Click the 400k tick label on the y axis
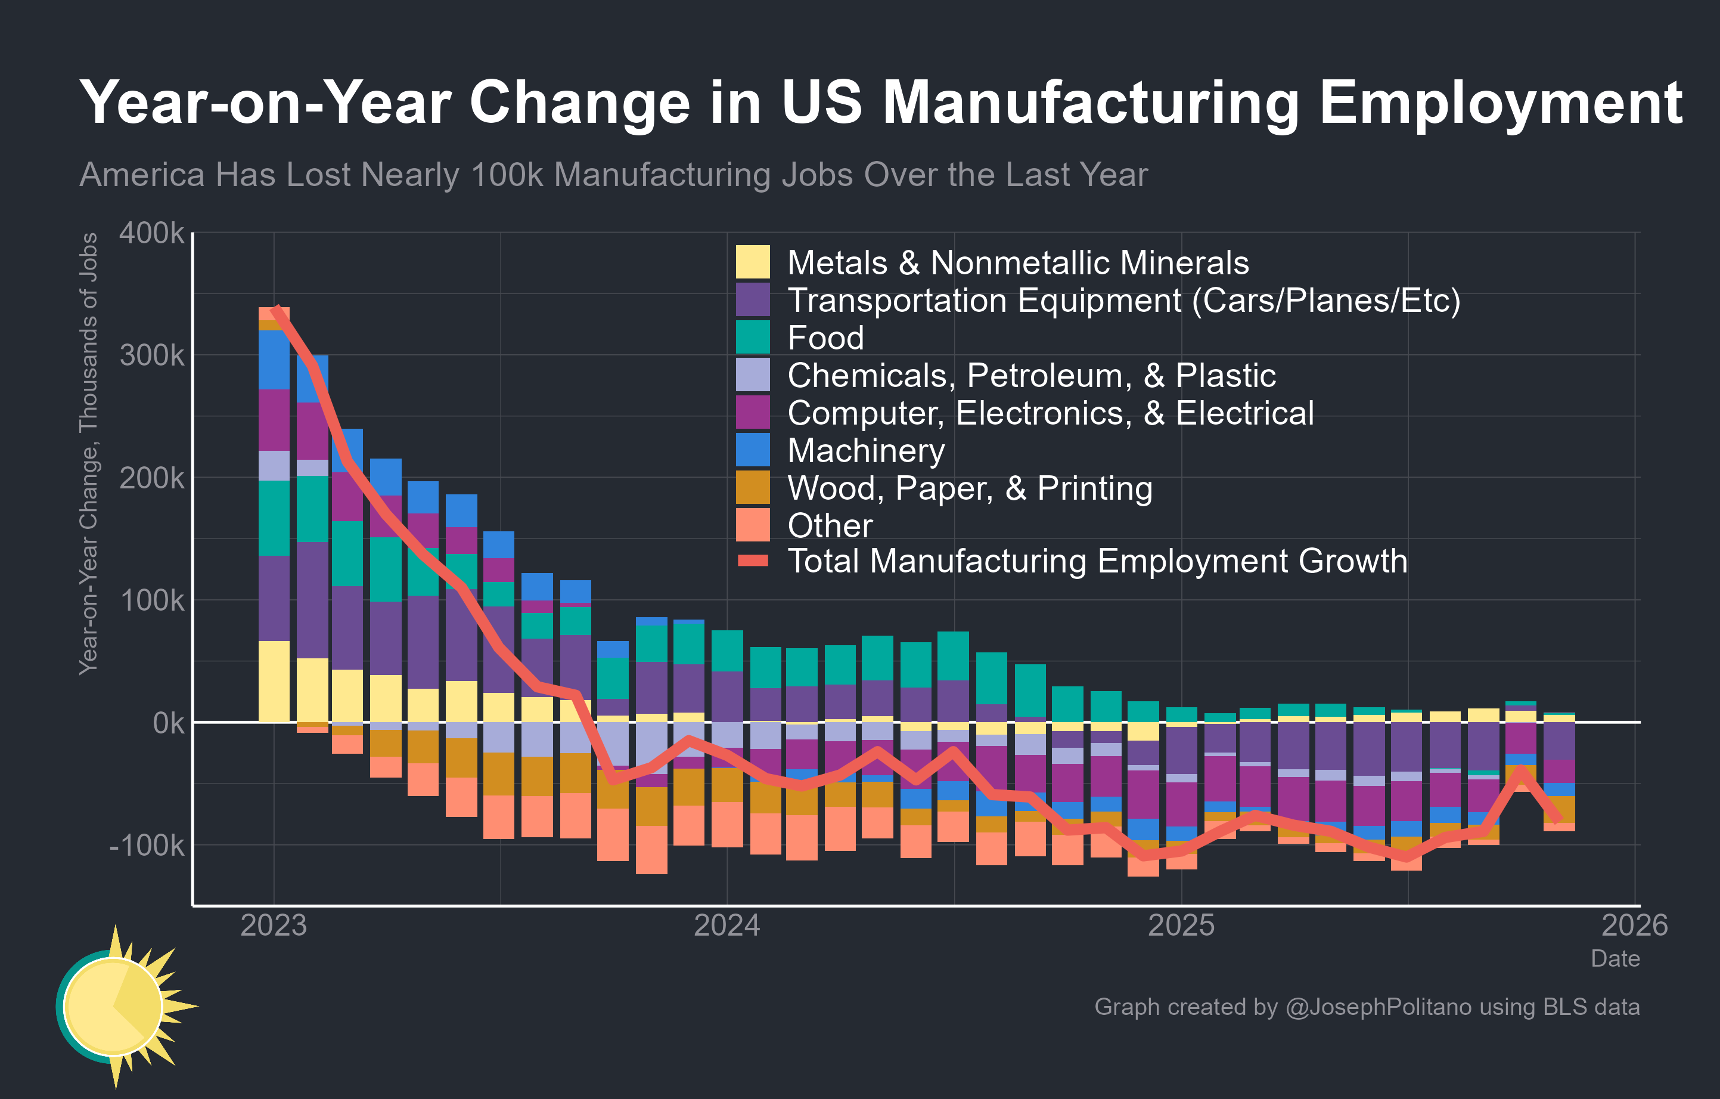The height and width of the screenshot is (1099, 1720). pyautogui.click(x=151, y=234)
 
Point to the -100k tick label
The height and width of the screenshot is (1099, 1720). pyautogui.click(x=147, y=846)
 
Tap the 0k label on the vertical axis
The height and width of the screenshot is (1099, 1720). pyautogui.click(x=169, y=723)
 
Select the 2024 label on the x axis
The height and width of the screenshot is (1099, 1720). pyautogui.click(x=727, y=925)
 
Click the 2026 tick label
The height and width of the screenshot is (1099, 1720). pyautogui.click(x=1634, y=925)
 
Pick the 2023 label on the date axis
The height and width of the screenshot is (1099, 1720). pyautogui.click(x=274, y=925)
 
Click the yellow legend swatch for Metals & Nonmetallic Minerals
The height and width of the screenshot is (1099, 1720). pyautogui.click(x=753, y=262)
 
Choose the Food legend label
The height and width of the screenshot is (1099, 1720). pyautogui.click(x=825, y=338)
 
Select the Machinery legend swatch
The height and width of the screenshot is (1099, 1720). pyautogui.click(x=753, y=450)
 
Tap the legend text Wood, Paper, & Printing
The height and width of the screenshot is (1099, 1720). pyautogui.click(x=969, y=488)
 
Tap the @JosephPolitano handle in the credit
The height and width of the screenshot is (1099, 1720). pyautogui.click(x=1378, y=1007)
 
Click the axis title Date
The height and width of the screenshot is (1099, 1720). pyautogui.click(x=1615, y=958)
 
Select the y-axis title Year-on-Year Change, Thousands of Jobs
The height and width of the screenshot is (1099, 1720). pyautogui.click(x=89, y=454)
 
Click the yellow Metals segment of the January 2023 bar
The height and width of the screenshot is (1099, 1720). pyautogui.click(x=274, y=682)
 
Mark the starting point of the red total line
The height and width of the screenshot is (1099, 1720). pyautogui.click(x=275, y=309)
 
